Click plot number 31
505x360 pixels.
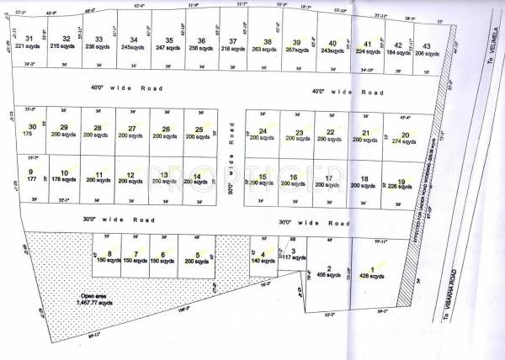click(x=29, y=39)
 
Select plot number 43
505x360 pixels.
click(x=428, y=46)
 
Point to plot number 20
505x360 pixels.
click(x=405, y=135)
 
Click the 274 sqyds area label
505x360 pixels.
click(x=405, y=141)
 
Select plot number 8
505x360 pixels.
click(x=109, y=254)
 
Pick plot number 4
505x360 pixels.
click(x=263, y=254)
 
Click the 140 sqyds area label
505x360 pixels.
click(x=263, y=262)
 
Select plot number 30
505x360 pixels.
click(x=33, y=127)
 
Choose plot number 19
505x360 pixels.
click(x=402, y=181)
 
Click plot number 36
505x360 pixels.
click(x=201, y=41)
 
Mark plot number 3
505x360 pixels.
click(x=293, y=251)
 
